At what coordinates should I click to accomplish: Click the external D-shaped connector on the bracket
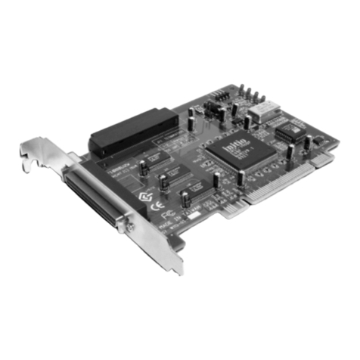95,197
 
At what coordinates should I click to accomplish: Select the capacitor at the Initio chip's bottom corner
241,178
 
